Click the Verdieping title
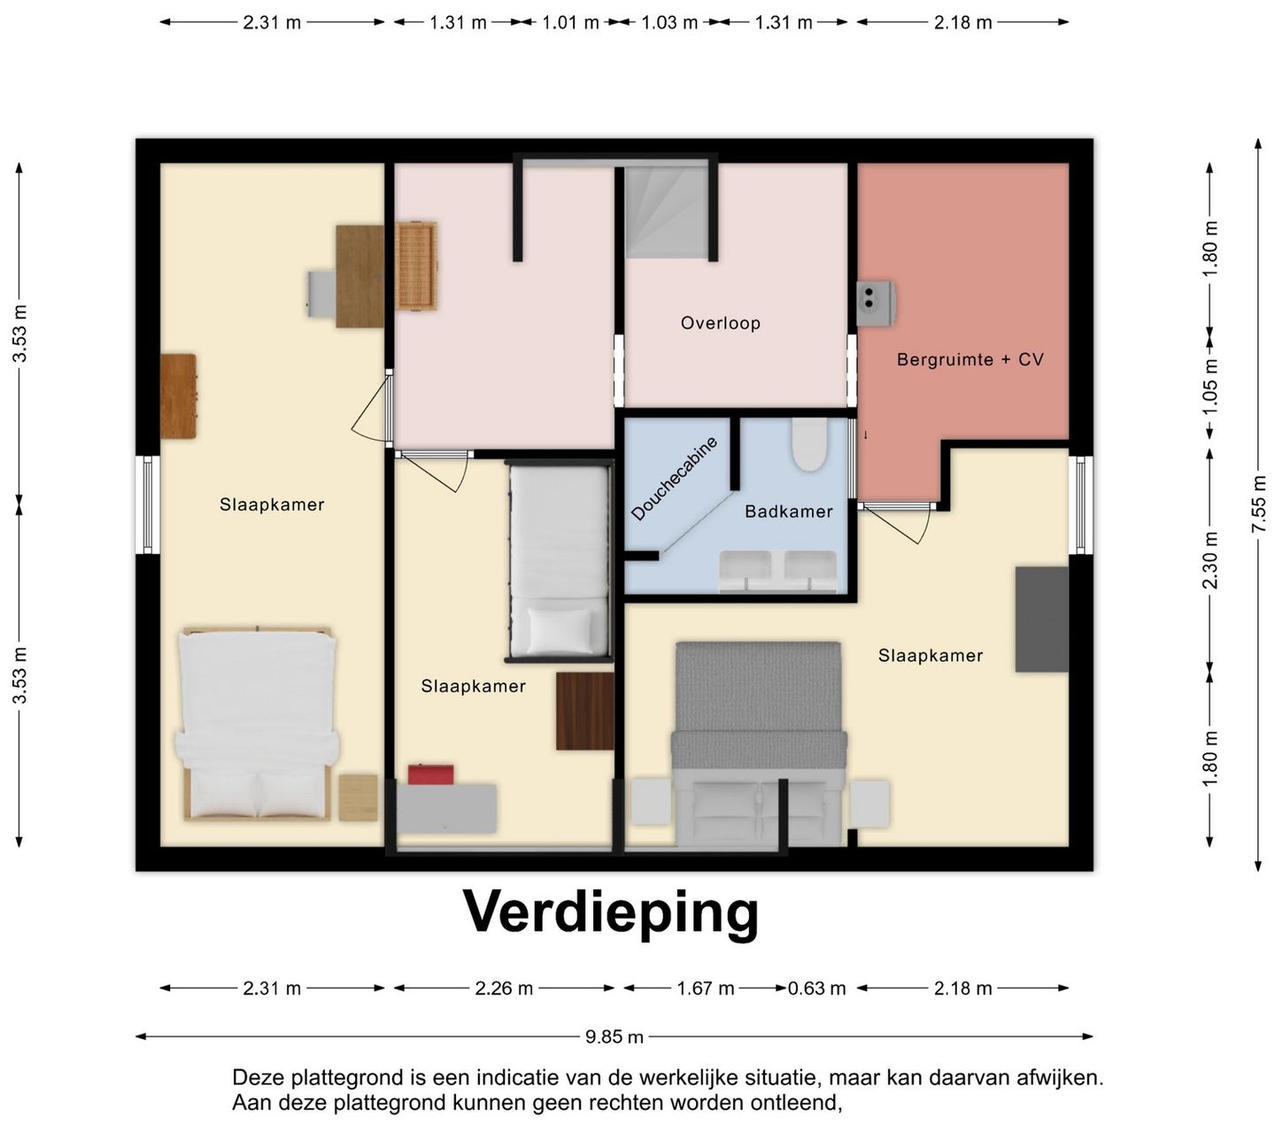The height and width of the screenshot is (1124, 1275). click(x=611, y=912)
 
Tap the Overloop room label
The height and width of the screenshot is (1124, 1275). click(x=720, y=324)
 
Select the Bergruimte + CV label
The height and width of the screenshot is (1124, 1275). click(x=970, y=360)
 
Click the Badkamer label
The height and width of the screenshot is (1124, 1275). click(x=788, y=512)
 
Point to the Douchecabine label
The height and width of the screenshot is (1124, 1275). click(x=674, y=479)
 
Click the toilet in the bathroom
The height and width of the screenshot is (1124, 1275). click(x=808, y=444)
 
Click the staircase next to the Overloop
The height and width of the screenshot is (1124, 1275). click(x=667, y=212)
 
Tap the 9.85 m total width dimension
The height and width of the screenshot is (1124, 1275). click(x=614, y=1036)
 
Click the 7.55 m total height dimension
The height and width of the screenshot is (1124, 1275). click(x=1258, y=504)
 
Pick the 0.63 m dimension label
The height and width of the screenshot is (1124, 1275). click(x=816, y=989)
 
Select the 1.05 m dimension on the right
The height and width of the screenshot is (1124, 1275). click(x=1210, y=386)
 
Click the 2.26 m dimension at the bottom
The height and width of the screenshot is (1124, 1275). click(x=504, y=989)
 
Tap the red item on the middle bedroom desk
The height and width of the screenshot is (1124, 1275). click(x=430, y=774)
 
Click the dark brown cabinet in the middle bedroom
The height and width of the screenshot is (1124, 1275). click(x=584, y=711)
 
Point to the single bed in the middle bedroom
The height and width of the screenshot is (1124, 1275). click(x=560, y=563)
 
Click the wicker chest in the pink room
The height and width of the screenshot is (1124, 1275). click(x=416, y=266)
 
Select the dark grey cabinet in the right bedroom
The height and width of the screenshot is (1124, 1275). click(x=1041, y=619)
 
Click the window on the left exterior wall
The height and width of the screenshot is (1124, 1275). click(x=148, y=504)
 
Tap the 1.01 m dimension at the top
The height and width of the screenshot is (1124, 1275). click(x=570, y=23)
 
